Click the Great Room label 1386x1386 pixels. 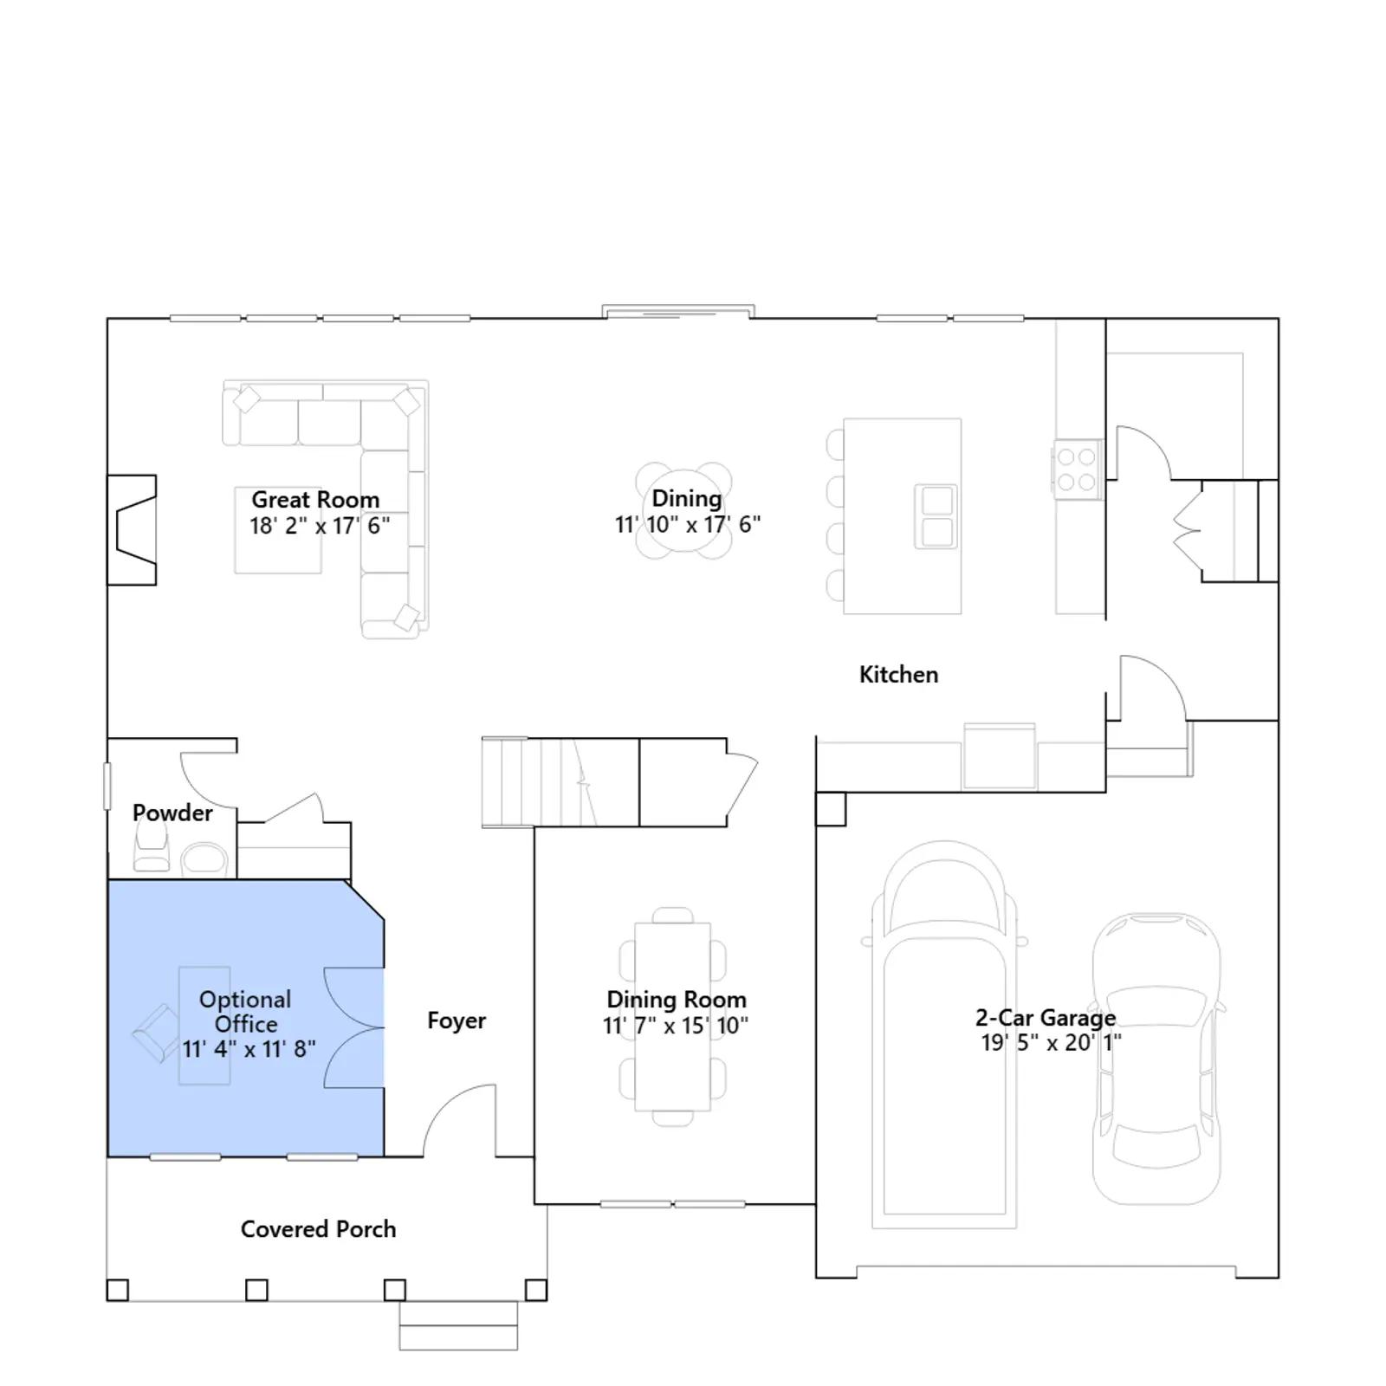coord(315,500)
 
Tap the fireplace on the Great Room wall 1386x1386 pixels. coord(132,530)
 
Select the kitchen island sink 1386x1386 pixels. coord(936,516)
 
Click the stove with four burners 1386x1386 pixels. coord(1078,470)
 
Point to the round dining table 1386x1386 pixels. coord(683,511)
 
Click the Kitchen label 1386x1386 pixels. coord(898,675)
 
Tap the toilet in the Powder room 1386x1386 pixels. coord(151,846)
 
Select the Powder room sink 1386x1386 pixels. coord(204,860)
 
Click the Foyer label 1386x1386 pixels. coord(457,1021)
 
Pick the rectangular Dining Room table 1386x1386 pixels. coord(673,1017)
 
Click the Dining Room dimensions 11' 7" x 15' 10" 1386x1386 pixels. coord(676,1026)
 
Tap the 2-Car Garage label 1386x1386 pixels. coord(1046,1018)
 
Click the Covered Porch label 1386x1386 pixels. coord(318,1229)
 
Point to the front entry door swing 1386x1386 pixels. coord(459,1120)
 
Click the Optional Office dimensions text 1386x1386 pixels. coord(249,1049)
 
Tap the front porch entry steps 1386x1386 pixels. coord(458,1325)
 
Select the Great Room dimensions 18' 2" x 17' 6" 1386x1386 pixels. coord(320,526)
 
